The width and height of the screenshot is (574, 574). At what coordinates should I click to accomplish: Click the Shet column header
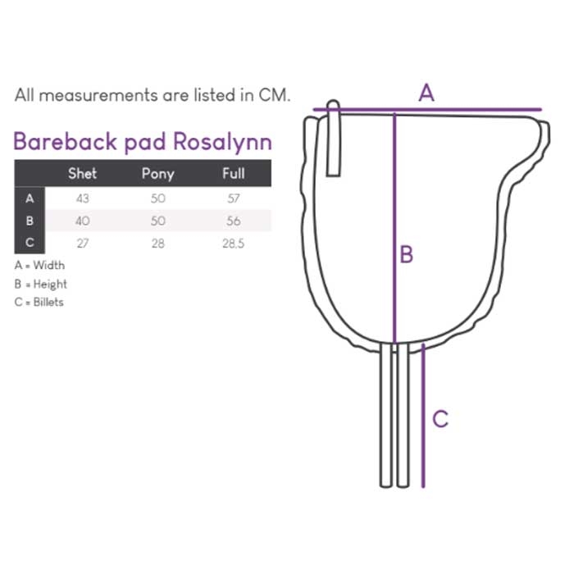[x=82, y=173]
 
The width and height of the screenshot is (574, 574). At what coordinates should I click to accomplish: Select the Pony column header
[x=158, y=173]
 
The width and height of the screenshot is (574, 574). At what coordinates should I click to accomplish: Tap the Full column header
[x=234, y=173]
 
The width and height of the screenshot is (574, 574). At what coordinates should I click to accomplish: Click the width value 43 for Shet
[x=82, y=198]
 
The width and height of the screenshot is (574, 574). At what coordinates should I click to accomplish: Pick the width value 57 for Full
[x=234, y=198]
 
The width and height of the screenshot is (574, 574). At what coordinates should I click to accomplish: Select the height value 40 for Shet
[x=82, y=221]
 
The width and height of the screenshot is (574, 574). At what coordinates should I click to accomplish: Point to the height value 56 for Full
[x=234, y=221]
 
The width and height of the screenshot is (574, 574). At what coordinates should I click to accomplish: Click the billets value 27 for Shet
[x=82, y=244]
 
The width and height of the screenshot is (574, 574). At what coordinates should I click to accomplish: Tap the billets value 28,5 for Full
[x=234, y=244]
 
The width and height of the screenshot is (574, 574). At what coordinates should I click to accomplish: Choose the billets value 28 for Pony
[x=158, y=244]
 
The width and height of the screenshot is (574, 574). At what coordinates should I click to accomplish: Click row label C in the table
[x=30, y=244]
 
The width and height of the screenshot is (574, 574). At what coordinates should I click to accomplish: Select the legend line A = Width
[x=39, y=266]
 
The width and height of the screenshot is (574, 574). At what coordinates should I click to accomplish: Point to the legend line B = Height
[x=41, y=285]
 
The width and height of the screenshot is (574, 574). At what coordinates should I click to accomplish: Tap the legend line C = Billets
[x=39, y=303]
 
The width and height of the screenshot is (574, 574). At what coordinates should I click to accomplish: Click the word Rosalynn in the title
[x=223, y=142]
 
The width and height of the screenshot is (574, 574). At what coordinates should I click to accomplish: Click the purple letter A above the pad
[x=426, y=93]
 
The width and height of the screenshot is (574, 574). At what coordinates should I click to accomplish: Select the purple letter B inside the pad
[x=407, y=254]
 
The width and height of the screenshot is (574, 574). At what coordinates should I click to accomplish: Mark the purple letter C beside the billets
[x=440, y=419]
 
